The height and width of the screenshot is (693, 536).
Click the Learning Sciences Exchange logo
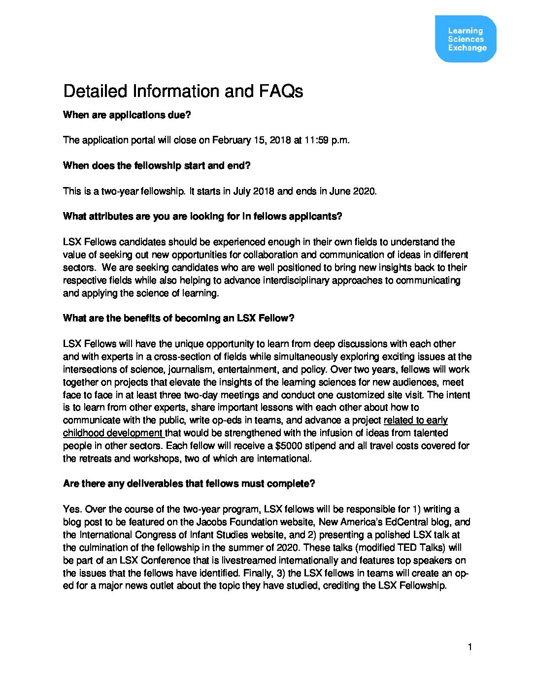pyautogui.click(x=466, y=39)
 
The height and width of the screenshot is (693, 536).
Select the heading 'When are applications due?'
pyautogui.click(x=127, y=115)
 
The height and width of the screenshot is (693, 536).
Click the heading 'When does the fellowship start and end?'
pyautogui.click(x=157, y=166)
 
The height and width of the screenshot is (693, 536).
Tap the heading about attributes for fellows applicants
pyautogui.click(x=202, y=217)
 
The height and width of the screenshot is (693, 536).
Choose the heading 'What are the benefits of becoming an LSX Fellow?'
pyautogui.click(x=178, y=318)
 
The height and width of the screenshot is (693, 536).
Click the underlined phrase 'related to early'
pyautogui.click(x=415, y=420)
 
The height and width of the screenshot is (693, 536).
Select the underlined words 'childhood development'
pyautogui.click(x=113, y=433)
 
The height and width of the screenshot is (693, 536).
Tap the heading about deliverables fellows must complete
pyautogui.click(x=189, y=484)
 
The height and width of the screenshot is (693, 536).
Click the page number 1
pyautogui.click(x=469, y=647)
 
